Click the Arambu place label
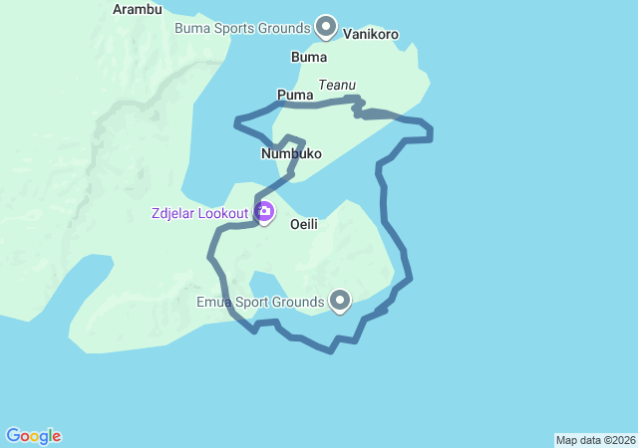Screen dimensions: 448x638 138,9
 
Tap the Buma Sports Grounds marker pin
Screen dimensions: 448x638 325,26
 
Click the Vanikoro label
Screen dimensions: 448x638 371,34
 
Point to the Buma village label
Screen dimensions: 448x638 309,57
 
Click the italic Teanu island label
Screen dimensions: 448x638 337,86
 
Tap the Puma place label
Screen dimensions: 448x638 295,96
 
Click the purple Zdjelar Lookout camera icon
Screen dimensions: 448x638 265,211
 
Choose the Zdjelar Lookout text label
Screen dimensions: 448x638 199,212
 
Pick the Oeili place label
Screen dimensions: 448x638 304,225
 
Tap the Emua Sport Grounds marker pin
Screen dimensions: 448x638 340,300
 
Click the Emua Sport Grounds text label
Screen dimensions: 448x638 260,302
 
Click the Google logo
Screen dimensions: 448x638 34,436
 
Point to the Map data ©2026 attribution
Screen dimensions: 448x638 595,440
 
